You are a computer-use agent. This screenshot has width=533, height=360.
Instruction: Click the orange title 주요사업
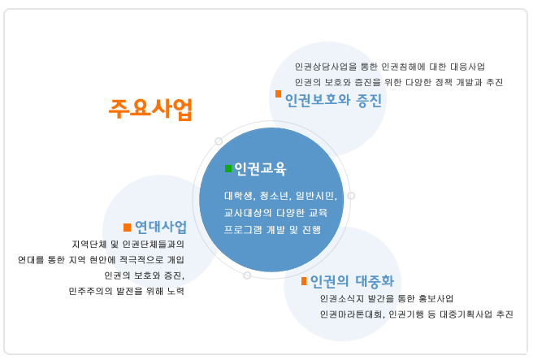(150, 109)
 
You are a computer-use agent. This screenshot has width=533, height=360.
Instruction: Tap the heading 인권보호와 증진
(333, 100)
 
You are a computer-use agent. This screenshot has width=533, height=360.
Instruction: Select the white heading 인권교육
(260, 168)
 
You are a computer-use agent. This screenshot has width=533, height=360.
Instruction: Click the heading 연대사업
(161, 227)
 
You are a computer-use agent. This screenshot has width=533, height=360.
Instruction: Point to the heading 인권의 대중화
(352, 281)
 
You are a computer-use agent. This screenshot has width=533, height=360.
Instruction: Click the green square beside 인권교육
(228, 168)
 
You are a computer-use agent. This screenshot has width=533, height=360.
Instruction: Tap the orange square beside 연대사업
(127, 227)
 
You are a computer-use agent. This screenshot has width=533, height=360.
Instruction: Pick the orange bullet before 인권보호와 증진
(278, 93)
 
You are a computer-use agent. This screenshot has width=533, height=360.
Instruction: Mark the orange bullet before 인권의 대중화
(304, 281)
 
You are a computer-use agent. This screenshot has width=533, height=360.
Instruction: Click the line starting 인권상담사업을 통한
(389, 67)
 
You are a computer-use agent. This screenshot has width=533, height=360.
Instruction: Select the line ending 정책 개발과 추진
(399, 82)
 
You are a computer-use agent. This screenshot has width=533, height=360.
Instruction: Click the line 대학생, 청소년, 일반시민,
(280, 196)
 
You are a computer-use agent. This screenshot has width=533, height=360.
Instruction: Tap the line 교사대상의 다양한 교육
(275, 213)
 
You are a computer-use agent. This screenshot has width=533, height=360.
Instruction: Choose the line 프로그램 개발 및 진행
(272, 230)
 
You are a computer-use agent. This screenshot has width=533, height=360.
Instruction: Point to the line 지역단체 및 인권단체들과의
(128, 244)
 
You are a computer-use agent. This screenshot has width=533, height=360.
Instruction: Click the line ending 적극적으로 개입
(101, 260)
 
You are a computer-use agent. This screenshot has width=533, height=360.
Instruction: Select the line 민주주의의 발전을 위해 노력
(127, 291)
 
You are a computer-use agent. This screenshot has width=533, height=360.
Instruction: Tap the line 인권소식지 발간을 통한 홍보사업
(387, 298)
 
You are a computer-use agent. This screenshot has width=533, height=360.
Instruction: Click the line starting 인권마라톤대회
(416, 314)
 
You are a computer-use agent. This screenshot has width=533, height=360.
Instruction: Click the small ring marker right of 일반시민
(351, 196)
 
